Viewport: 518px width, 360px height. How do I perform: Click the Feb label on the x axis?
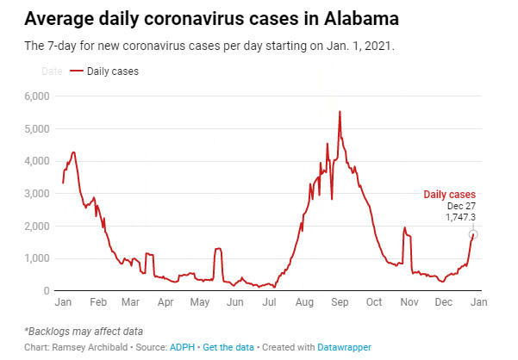(97, 303)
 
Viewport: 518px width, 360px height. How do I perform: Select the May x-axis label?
(200, 303)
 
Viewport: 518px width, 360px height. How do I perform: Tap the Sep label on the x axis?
(340, 303)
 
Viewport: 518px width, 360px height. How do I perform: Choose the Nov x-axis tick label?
(409, 303)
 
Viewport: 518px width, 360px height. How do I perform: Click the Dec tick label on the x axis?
(444, 303)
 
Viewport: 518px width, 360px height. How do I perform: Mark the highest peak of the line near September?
(340, 111)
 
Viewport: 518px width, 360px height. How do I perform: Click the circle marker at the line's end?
(473, 234)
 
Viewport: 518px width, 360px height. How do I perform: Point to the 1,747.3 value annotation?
(460, 218)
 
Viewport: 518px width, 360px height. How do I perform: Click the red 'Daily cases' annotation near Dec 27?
(449, 196)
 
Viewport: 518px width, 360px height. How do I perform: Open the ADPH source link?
(180, 347)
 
